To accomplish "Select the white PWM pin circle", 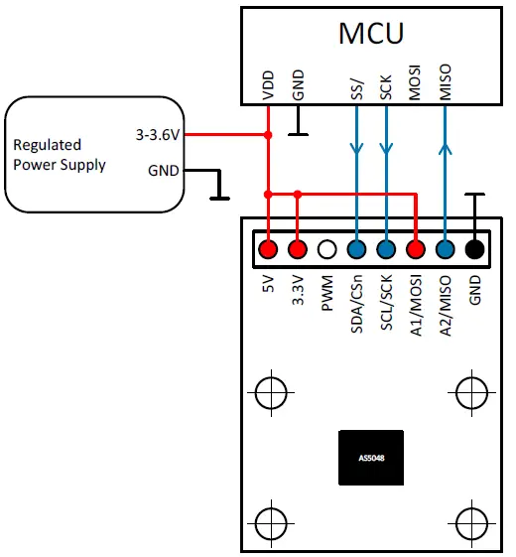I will (x=326, y=250).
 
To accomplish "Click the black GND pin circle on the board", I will (x=475, y=250).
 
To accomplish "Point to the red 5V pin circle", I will (x=267, y=250).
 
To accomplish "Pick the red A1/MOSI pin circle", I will (x=416, y=250).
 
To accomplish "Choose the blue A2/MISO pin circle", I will (x=446, y=250).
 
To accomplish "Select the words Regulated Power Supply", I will (x=60, y=155).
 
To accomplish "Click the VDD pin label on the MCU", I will (x=268, y=86).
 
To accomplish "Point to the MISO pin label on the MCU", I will (x=446, y=83).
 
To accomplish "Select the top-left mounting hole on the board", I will (x=269, y=393).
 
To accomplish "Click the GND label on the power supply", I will (x=163, y=170).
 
